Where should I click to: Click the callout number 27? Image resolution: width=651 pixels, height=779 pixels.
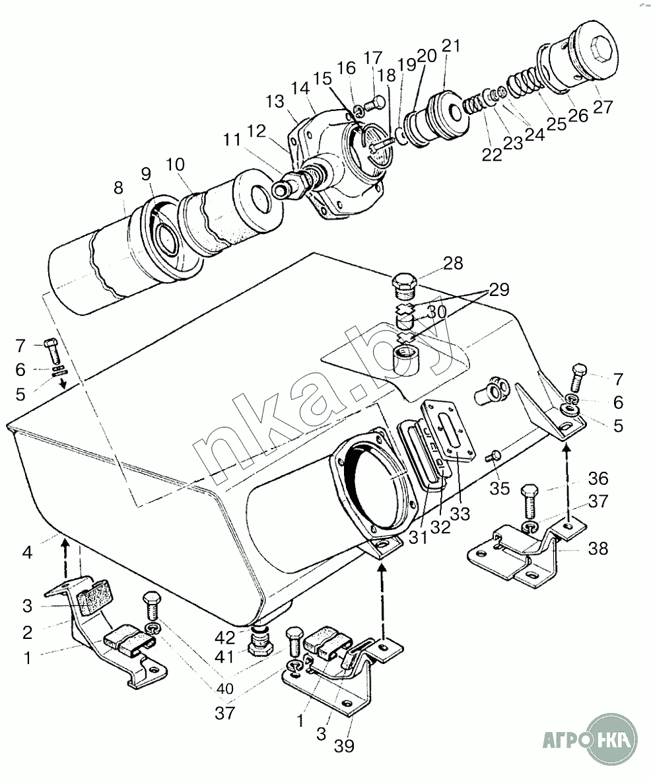point(602,107)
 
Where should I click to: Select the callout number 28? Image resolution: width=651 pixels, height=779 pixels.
point(453,263)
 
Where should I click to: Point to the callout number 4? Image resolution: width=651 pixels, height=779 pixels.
point(27,552)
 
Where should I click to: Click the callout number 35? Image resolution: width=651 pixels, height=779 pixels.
point(500,488)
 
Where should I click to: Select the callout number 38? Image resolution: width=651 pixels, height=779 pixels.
point(598,548)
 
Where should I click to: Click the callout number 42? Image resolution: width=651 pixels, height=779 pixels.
point(224,637)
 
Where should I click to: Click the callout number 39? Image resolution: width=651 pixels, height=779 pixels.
point(344,746)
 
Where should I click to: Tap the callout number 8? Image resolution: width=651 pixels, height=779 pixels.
point(118,188)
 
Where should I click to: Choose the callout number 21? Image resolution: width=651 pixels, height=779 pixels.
point(451,46)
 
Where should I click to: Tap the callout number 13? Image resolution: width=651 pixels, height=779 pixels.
point(275,101)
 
